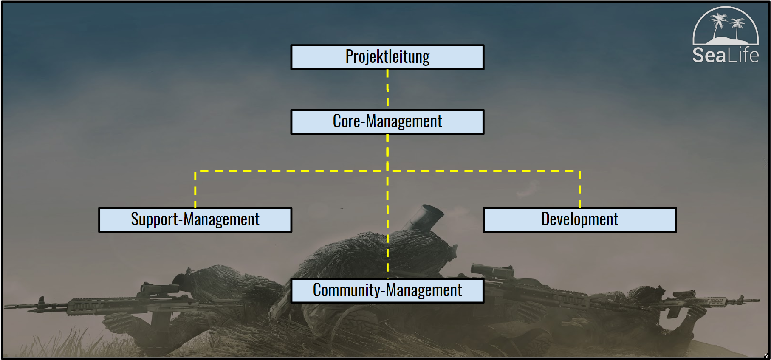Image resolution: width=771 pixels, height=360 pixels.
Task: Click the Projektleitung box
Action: [x=387, y=57]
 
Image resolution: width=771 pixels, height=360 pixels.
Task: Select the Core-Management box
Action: [x=387, y=122]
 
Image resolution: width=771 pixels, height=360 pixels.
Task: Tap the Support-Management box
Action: [x=195, y=220]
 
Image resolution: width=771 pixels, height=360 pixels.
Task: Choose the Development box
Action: [x=579, y=220]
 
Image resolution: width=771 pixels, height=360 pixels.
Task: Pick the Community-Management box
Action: [x=387, y=290]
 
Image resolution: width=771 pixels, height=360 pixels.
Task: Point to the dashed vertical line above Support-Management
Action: [x=195, y=189]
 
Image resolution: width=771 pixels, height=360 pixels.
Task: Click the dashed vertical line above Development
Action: [x=579, y=189]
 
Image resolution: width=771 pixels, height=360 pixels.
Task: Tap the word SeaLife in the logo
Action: [x=725, y=56]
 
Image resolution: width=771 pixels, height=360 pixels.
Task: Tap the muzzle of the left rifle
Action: [x=8, y=306]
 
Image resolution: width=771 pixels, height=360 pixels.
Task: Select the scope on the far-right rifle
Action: [x=683, y=294]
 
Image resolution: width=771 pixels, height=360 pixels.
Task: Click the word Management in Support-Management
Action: [x=221, y=220]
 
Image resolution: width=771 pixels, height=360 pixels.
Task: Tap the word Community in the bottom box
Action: [x=347, y=290]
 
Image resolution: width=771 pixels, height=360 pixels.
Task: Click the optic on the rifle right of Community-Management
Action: [x=493, y=271]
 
